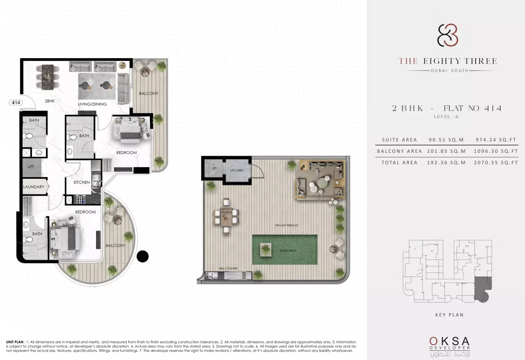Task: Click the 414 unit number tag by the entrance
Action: (16, 103)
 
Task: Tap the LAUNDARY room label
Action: (34, 187)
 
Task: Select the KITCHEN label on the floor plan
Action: (82, 182)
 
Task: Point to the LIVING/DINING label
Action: (92, 104)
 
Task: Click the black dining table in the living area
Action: (47, 77)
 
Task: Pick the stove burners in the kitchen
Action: (80, 199)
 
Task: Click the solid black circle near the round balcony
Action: (143, 256)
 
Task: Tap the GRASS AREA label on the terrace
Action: (288, 251)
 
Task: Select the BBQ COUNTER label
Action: (228, 268)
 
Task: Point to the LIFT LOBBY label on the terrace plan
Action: (237, 170)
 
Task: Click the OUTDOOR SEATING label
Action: (320, 196)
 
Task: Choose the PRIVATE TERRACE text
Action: (287, 225)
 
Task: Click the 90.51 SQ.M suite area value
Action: (446, 140)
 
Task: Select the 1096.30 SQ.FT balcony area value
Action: (496, 151)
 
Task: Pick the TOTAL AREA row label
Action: (399, 162)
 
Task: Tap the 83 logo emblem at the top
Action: (448, 35)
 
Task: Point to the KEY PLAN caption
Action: (450, 315)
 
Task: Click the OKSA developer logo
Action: (450, 347)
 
